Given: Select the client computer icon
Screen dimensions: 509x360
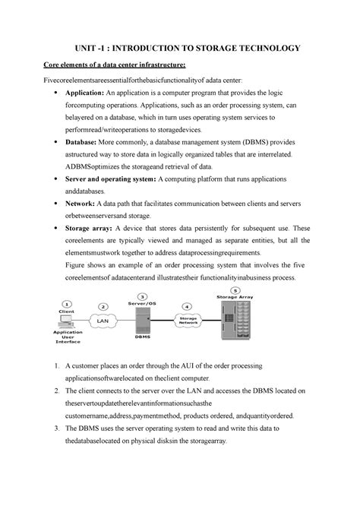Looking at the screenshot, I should click(x=67, y=319).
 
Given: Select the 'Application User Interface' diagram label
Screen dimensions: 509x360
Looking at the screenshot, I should click(x=68, y=338).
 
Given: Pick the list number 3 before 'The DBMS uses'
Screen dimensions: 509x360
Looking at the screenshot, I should click(x=68, y=428).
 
